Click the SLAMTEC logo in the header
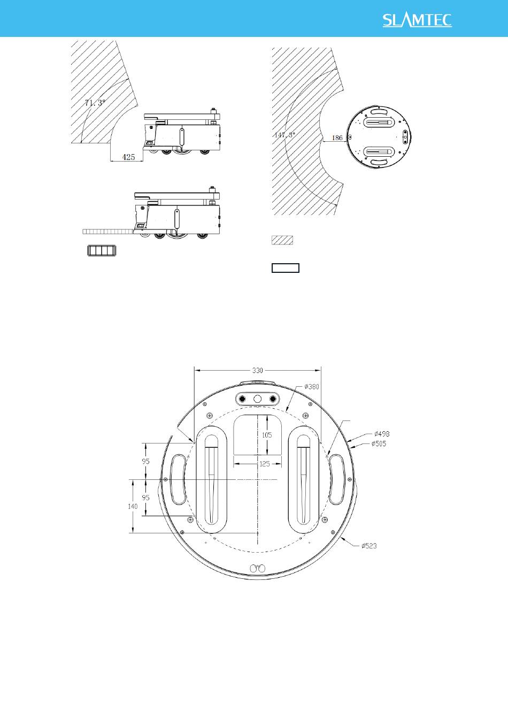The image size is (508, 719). click(x=417, y=20)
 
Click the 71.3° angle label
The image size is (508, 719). click(x=95, y=103)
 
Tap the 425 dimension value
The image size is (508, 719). click(x=128, y=157)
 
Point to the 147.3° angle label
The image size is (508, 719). click(x=284, y=135)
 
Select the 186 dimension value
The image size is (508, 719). click(x=337, y=137)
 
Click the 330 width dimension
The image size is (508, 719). click(x=257, y=370)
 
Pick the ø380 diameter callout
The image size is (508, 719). click(x=312, y=386)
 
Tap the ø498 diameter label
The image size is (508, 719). click(x=382, y=434)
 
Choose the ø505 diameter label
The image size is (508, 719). click(x=379, y=443)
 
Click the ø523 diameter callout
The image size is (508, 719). click(x=369, y=546)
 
